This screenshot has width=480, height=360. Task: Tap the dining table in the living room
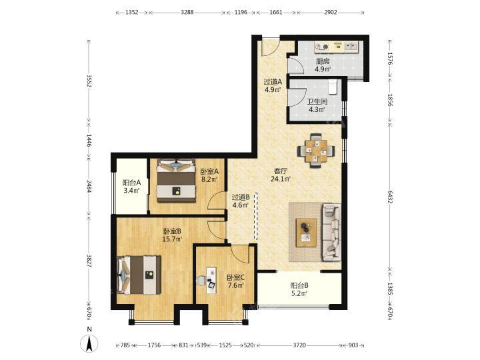316,151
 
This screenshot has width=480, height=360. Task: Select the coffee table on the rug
307,233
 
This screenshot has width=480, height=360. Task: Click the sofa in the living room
331,233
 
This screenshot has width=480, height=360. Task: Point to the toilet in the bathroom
333,86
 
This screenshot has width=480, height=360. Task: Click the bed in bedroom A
176,181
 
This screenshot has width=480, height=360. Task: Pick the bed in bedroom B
139,275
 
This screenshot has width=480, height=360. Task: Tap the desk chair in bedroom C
201,281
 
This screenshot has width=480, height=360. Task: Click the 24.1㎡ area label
280,179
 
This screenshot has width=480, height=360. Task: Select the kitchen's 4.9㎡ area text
323,69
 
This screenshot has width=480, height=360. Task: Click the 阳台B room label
299,285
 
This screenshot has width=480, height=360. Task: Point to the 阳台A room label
131,183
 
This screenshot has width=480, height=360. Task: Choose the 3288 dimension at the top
187,13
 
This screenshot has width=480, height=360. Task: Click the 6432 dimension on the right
390,197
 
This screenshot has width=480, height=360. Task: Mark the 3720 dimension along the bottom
299,345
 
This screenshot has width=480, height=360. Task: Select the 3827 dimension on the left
89,261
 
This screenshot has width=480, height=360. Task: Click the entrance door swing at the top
271,47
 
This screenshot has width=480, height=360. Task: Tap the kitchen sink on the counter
351,47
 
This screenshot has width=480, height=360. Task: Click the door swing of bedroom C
240,254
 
